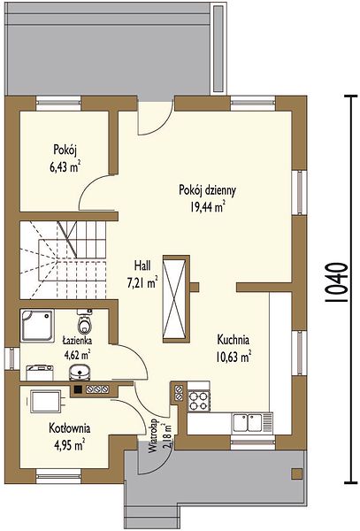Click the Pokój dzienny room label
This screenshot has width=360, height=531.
coord(207,190)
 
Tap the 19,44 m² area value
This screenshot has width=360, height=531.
coord(207,206)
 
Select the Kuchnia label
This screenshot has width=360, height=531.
coord(234,339)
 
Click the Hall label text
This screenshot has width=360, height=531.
coord(142,265)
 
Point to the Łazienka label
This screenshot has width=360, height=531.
coord(77,340)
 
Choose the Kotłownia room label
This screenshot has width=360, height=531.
coord(70,428)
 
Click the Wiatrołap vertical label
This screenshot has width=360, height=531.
coord(154,436)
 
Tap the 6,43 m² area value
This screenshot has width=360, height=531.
coord(65,167)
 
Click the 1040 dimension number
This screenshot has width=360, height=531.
coord(336,282)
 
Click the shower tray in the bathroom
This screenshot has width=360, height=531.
coord(37,325)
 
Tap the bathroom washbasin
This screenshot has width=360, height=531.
coord(80,373)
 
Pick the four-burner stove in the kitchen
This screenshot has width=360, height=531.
coord(199,401)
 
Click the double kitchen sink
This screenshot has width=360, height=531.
coord(252,423)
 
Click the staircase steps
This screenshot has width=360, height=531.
coord(63,260)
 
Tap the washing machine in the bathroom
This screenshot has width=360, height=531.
coord(40,372)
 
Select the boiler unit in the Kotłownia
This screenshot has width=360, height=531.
coord(46,401)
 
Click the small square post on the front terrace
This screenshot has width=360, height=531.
coord(297,473)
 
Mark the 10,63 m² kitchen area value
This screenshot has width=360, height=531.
coord(234,357)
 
